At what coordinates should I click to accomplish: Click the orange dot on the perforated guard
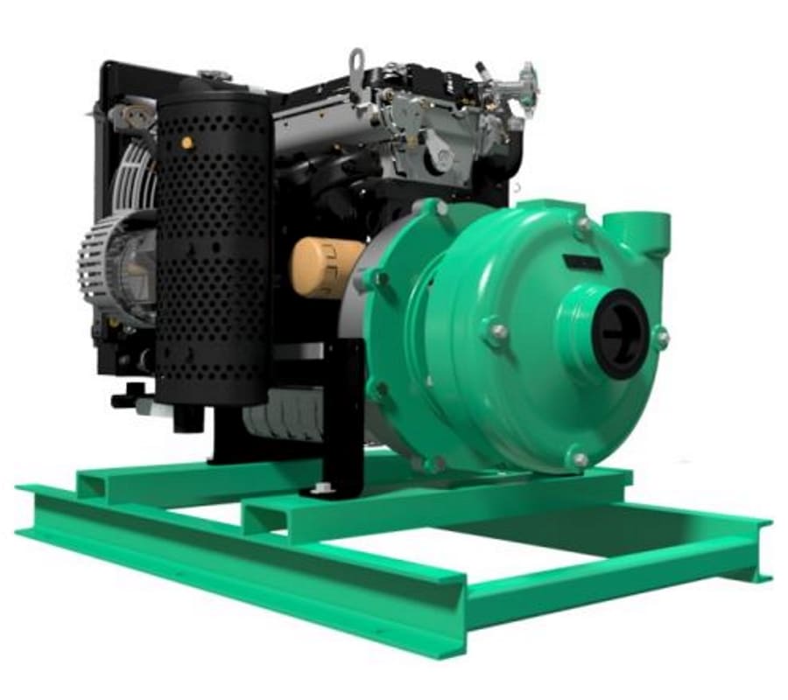186,142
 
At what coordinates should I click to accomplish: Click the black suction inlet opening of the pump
620,333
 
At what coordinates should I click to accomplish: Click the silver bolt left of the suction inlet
497,332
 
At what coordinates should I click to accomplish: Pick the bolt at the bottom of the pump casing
578,458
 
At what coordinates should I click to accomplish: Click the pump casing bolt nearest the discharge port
582,224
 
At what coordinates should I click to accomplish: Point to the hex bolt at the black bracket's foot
321,483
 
